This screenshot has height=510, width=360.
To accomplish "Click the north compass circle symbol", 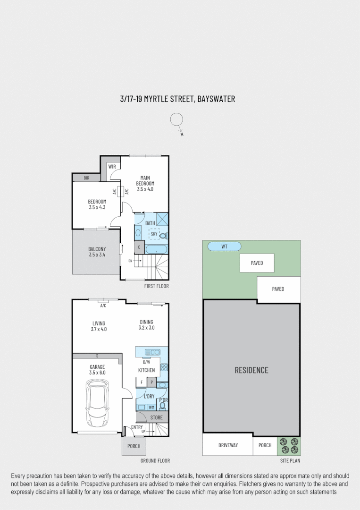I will [176, 120].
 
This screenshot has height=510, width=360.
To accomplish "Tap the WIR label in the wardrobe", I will [112, 167].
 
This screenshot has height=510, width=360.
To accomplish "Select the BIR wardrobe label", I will [86, 178].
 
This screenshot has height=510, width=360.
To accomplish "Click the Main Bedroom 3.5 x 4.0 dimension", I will [145, 189].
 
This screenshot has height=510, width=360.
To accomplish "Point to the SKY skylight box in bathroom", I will [154, 233].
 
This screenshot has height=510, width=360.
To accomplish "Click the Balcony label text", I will [97, 249].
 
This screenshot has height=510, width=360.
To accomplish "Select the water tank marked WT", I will [225, 246].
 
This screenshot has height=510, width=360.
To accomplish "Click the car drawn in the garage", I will [97, 404].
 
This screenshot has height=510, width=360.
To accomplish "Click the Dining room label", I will [146, 322].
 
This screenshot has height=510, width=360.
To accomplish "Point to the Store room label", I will [156, 417].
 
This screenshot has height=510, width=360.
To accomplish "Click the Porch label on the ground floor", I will [134, 446].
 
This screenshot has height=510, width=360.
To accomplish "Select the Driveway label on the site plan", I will [228, 445].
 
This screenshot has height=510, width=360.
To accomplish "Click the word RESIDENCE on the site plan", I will [251, 370].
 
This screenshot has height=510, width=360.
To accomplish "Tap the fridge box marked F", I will [142, 382].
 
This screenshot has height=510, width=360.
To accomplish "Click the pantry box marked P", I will [152, 382].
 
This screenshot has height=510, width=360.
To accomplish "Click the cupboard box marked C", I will [139, 247].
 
